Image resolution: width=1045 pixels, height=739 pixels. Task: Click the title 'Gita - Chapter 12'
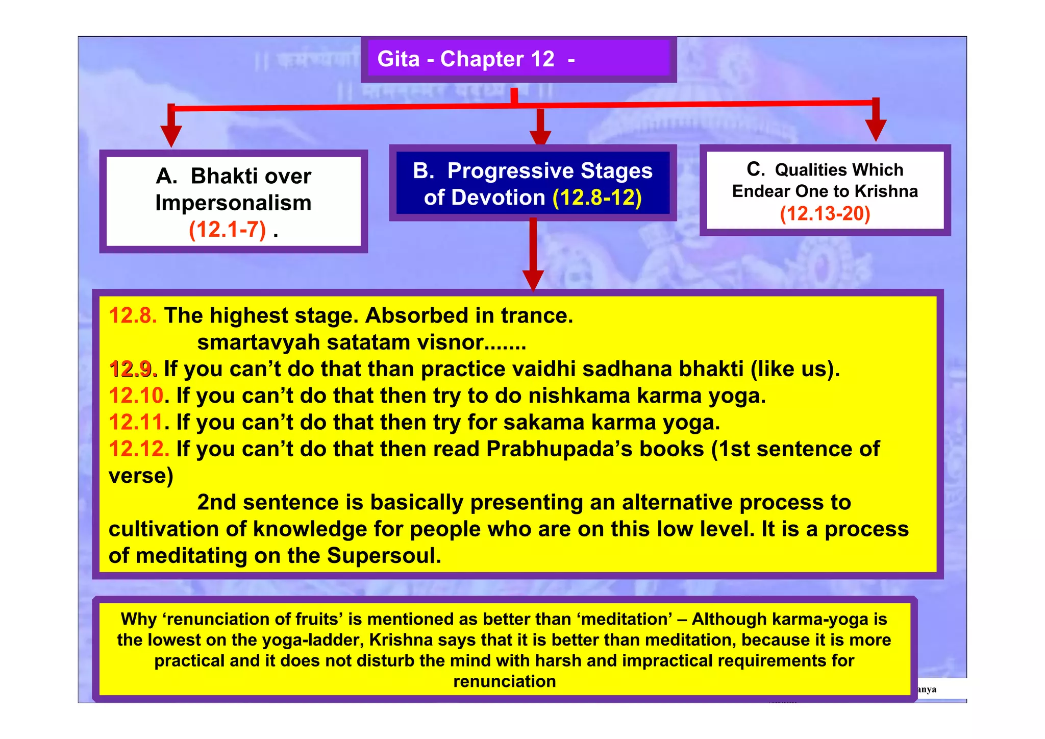point(465,59)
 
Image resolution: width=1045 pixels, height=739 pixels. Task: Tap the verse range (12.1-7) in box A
point(228,230)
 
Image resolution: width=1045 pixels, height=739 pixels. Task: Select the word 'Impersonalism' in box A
point(233,203)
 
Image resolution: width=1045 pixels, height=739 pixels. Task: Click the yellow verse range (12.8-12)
point(597,198)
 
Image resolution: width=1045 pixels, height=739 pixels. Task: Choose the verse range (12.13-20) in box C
point(825,213)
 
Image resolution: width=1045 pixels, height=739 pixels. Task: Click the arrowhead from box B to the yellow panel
point(533,280)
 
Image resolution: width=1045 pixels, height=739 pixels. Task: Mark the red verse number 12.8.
point(133,315)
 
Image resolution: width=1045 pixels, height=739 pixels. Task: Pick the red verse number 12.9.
point(133,369)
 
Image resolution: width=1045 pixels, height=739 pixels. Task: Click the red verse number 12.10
point(136,396)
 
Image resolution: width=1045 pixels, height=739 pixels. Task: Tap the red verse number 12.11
point(136,423)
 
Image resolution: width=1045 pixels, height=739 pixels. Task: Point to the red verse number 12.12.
point(138,449)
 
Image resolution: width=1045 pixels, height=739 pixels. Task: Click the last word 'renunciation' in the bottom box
point(504,682)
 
